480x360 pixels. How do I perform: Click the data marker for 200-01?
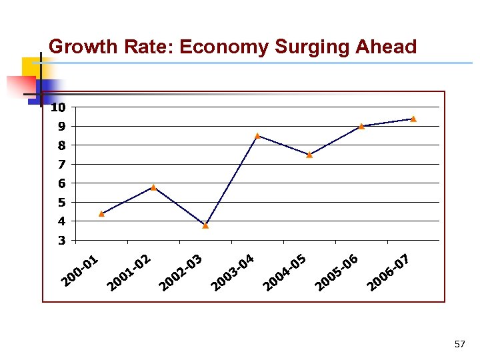pos(101,213)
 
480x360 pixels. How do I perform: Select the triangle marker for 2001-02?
pos(153,187)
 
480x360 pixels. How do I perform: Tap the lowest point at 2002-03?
pos(205,225)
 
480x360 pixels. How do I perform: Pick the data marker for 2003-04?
pos(257,135)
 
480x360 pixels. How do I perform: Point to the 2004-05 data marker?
pos(309,155)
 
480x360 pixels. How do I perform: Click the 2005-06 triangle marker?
pos(361,126)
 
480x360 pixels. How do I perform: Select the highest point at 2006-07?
pos(413,119)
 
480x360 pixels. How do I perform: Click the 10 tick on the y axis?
pos(58,107)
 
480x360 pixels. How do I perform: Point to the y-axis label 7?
pos(61,164)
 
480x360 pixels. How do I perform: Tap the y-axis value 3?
pos(61,240)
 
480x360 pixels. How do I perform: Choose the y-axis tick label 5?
pos(61,202)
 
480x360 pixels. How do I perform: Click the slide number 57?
pos(459,344)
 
